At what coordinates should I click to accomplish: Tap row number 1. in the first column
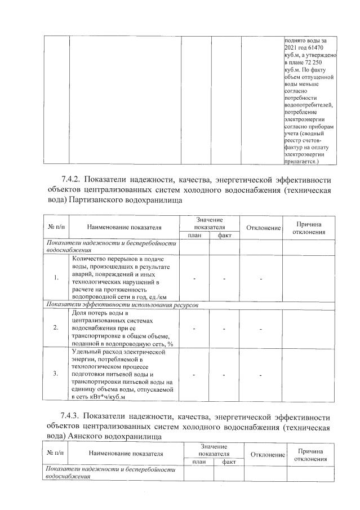pyautogui.click(x=56, y=277)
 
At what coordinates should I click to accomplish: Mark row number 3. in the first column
pyautogui.click(x=56, y=374)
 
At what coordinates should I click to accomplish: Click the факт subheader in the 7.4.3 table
pyautogui.click(x=229, y=462)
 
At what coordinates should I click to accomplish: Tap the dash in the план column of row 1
pyautogui.click(x=194, y=278)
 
